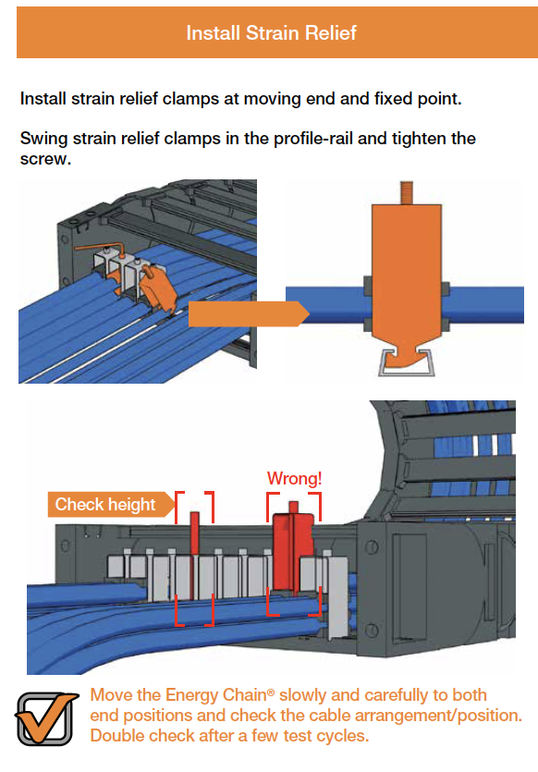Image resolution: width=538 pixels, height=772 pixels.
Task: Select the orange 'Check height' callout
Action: click(x=105, y=504)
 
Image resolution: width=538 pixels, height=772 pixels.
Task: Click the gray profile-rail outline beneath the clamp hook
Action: click(x=405, y=367)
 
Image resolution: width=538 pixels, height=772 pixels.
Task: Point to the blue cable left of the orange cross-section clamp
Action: click(x=324, y=307)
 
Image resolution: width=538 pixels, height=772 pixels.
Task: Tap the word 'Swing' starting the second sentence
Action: click(x=44, y=139)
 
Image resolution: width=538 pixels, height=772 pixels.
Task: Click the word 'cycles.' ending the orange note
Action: click(x=343, y=736)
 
